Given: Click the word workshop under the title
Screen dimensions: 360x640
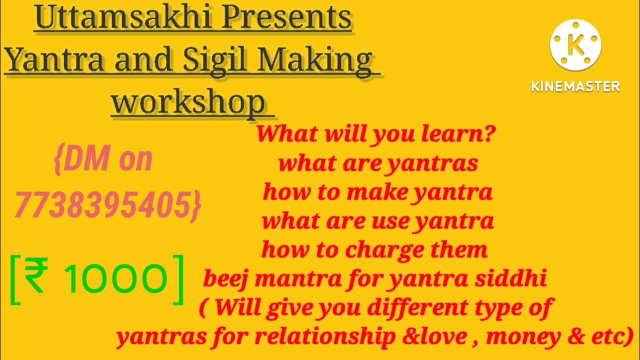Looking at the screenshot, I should pyautogui.click(x=188, y=102).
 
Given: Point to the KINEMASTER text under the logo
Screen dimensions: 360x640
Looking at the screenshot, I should pyautogui.click(x=575, y=86).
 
